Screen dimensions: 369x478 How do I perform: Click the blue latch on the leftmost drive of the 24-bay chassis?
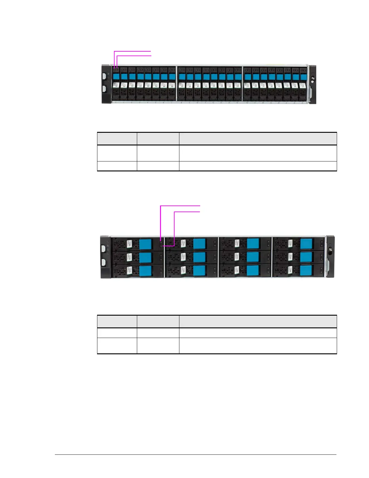pyautogui.click(x=116, y=76)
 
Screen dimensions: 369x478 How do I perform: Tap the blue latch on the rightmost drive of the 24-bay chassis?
pyautogui.click(x=303, y=77)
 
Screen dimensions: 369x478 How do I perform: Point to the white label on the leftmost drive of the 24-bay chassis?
pyautogui.click(x=116, y=85)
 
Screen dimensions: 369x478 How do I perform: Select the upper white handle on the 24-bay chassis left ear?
pyautogui.click(x=105, y=77)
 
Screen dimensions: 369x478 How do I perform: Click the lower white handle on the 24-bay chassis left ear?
pyautogui.click(x=105, y=89)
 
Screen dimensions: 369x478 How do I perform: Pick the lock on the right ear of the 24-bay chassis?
pyautogui.click(x=313, y=78)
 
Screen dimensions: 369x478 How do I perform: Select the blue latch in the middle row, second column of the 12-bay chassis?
pyautogui.click(x=199, y=257)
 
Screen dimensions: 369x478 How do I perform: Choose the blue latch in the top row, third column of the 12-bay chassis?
pyautogui.click(x=253, y=244)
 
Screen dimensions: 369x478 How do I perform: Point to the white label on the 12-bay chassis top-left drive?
pyautogui.click(x=129, y=244)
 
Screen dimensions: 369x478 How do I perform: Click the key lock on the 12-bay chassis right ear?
pyautogui.click(x=331, y=249)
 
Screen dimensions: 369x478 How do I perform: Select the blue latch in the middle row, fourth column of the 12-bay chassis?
pyautogui.click(x=306, y=257)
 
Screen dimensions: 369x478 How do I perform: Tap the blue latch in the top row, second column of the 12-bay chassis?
pyautogui.click(x=199, y=244)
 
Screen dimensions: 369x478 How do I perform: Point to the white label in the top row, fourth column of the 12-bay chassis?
pyautogui.click(x=290, y=244)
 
